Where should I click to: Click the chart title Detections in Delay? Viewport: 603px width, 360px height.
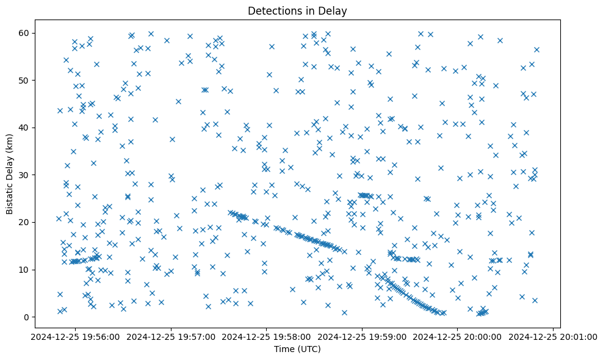click(x=297, y=11)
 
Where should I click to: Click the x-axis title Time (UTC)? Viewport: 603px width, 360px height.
click(x=297, y=349)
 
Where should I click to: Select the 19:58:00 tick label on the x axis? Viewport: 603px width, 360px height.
click(x=266, y=336)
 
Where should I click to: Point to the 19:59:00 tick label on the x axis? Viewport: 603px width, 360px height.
click(x=362, y=336)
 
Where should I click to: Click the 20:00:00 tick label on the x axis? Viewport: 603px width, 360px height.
click(x=458, y=336)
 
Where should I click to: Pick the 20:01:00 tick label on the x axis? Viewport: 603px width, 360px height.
click(x=554, y=336)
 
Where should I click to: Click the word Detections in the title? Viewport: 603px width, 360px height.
click(x=273, y=11)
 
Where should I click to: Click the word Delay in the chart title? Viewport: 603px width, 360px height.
click(x=334, y=11)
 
